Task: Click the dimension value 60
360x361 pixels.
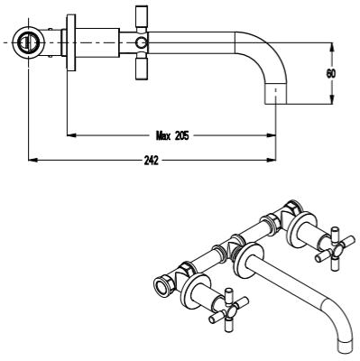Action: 331,74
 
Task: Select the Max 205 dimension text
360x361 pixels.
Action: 172,136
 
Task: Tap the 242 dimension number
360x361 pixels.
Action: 151,161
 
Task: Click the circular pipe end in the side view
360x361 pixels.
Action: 29,42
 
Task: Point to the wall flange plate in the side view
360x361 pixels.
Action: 71,42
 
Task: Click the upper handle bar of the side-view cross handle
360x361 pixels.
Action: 142,17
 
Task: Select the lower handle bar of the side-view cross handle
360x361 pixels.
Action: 142,69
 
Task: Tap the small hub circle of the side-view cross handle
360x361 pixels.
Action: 141,43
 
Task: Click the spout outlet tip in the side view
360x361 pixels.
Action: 276,94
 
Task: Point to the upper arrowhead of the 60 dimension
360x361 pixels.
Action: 331,47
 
